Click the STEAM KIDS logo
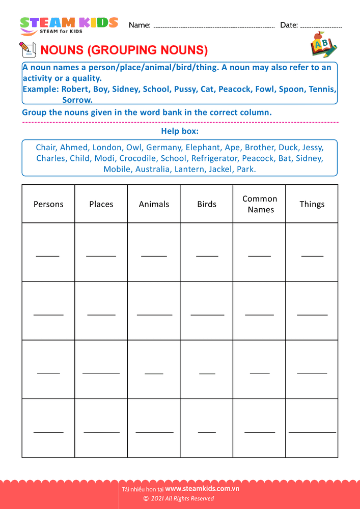tap(69, 25)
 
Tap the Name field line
tap(214, 26)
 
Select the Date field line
tap(321, 26)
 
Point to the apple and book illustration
tap(323, 45)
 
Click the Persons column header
tap(48, 204)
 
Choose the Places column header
tap(101, 204)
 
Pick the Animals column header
tap(154, 204)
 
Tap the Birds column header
tap(207, 204)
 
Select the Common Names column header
tap(260, 204)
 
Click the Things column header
tap(312, 204)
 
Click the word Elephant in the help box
tap(203, 148)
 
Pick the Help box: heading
tap(180, 131)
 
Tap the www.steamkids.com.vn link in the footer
tap(202, 489)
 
